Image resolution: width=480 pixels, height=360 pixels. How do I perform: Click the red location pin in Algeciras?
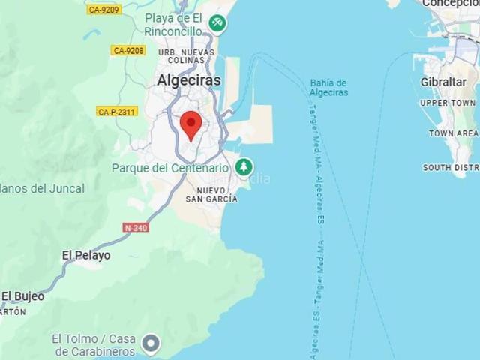pos(191,124)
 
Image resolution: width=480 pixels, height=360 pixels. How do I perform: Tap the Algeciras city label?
pos(189,79)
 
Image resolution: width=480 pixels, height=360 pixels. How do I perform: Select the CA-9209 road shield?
pos(103,10)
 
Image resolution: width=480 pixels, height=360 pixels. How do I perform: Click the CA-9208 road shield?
pos(127,50)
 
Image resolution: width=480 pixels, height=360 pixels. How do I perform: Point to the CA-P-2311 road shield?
pos(116,112)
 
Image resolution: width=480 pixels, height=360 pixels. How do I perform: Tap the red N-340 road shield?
pos(136,227)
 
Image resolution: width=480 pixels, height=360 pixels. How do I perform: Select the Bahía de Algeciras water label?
pos(328,88)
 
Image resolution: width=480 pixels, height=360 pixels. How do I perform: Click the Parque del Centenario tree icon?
pos(243,167)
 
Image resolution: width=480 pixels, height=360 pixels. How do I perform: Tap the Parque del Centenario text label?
pos(169,168)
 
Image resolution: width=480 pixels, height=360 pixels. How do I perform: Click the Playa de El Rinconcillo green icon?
pos(217,22)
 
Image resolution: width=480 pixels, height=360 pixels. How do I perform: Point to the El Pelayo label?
pos(85,255)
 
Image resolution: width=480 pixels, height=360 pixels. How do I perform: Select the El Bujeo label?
pos(22,296)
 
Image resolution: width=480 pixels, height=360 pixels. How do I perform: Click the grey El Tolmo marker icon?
pos(151,343)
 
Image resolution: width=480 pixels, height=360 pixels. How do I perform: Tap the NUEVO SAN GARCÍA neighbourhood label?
pos(211,194)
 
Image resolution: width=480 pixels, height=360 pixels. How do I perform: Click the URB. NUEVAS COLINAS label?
pos(186,57)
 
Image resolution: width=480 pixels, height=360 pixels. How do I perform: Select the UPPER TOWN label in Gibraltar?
pos(448,103)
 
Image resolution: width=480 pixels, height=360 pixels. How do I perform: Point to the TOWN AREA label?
pos(453,133)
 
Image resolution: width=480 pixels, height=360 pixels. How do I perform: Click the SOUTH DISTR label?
pos(450,167)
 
